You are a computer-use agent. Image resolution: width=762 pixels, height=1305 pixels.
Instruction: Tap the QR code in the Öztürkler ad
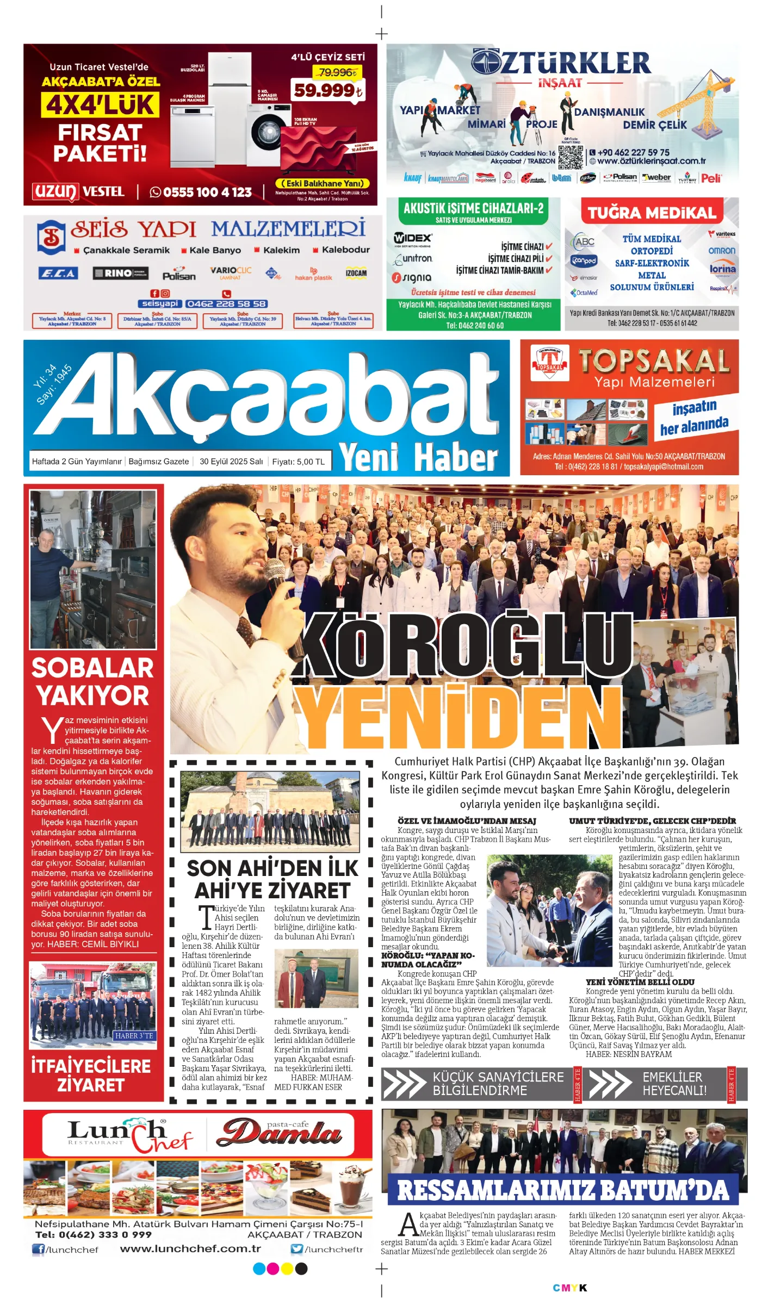pos(570,157)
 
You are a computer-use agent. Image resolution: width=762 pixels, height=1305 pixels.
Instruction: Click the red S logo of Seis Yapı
pos(51,237)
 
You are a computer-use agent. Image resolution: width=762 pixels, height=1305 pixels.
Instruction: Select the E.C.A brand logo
pos(58,273)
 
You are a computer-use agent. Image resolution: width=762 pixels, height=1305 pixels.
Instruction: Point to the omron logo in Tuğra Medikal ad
pos(721,251)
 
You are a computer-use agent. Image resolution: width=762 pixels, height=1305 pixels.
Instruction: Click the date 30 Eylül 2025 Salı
pos(231,462)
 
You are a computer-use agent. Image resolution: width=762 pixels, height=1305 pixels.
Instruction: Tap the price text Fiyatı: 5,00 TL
pos(298,462)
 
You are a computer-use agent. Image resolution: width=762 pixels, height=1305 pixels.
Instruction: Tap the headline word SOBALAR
pos(92,668)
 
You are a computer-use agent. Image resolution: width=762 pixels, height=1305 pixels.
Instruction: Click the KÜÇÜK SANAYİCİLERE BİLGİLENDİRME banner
pos(498,1083)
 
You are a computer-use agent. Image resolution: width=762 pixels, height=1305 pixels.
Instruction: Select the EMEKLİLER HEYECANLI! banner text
pos(674,1083)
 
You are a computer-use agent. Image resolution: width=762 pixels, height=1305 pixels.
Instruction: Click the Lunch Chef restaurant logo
pos(129,1135)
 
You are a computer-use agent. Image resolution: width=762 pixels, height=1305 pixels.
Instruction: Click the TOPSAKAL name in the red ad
pos(653,361)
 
